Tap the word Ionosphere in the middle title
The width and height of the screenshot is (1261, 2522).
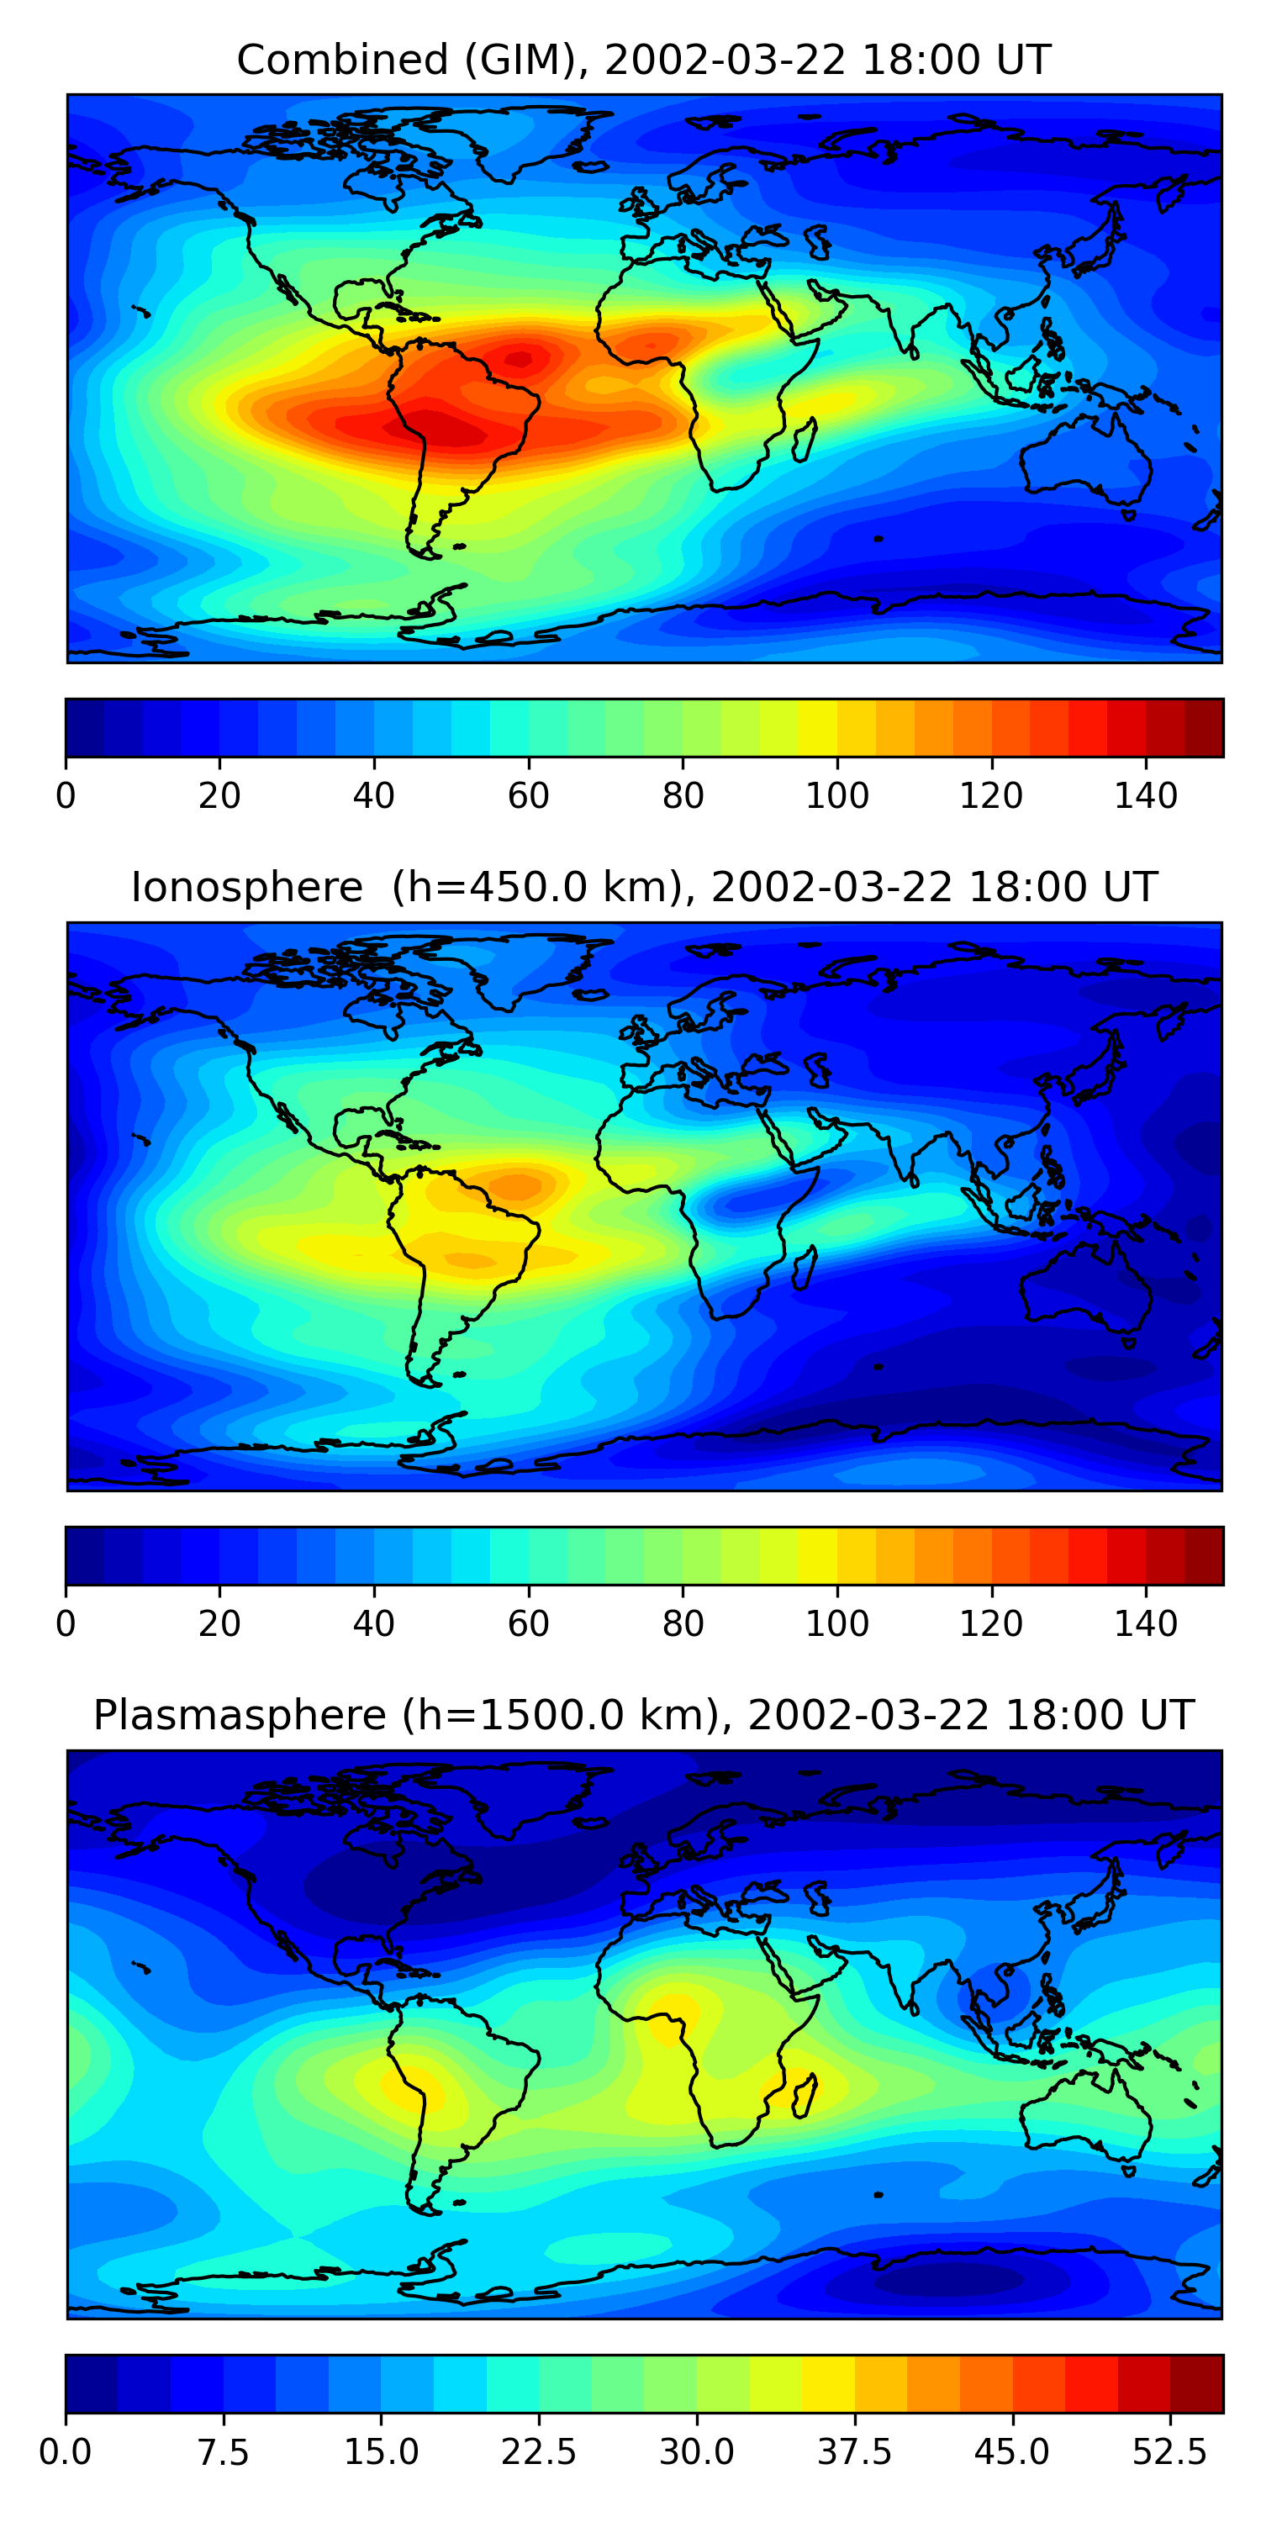246,888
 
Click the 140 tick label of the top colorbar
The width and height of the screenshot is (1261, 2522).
1146,796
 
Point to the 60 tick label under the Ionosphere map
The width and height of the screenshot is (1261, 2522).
528,1624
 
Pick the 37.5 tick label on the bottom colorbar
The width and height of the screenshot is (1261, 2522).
854,2452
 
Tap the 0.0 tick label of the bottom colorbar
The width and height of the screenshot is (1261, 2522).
66,2452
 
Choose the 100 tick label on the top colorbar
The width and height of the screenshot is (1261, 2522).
837,796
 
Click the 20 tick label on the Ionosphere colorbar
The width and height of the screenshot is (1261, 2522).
219,1624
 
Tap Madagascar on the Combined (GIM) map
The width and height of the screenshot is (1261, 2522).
805,440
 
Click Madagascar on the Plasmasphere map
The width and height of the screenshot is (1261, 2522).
805,2095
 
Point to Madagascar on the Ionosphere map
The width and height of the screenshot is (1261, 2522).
805,1268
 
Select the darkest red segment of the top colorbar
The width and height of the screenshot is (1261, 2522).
1203,727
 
